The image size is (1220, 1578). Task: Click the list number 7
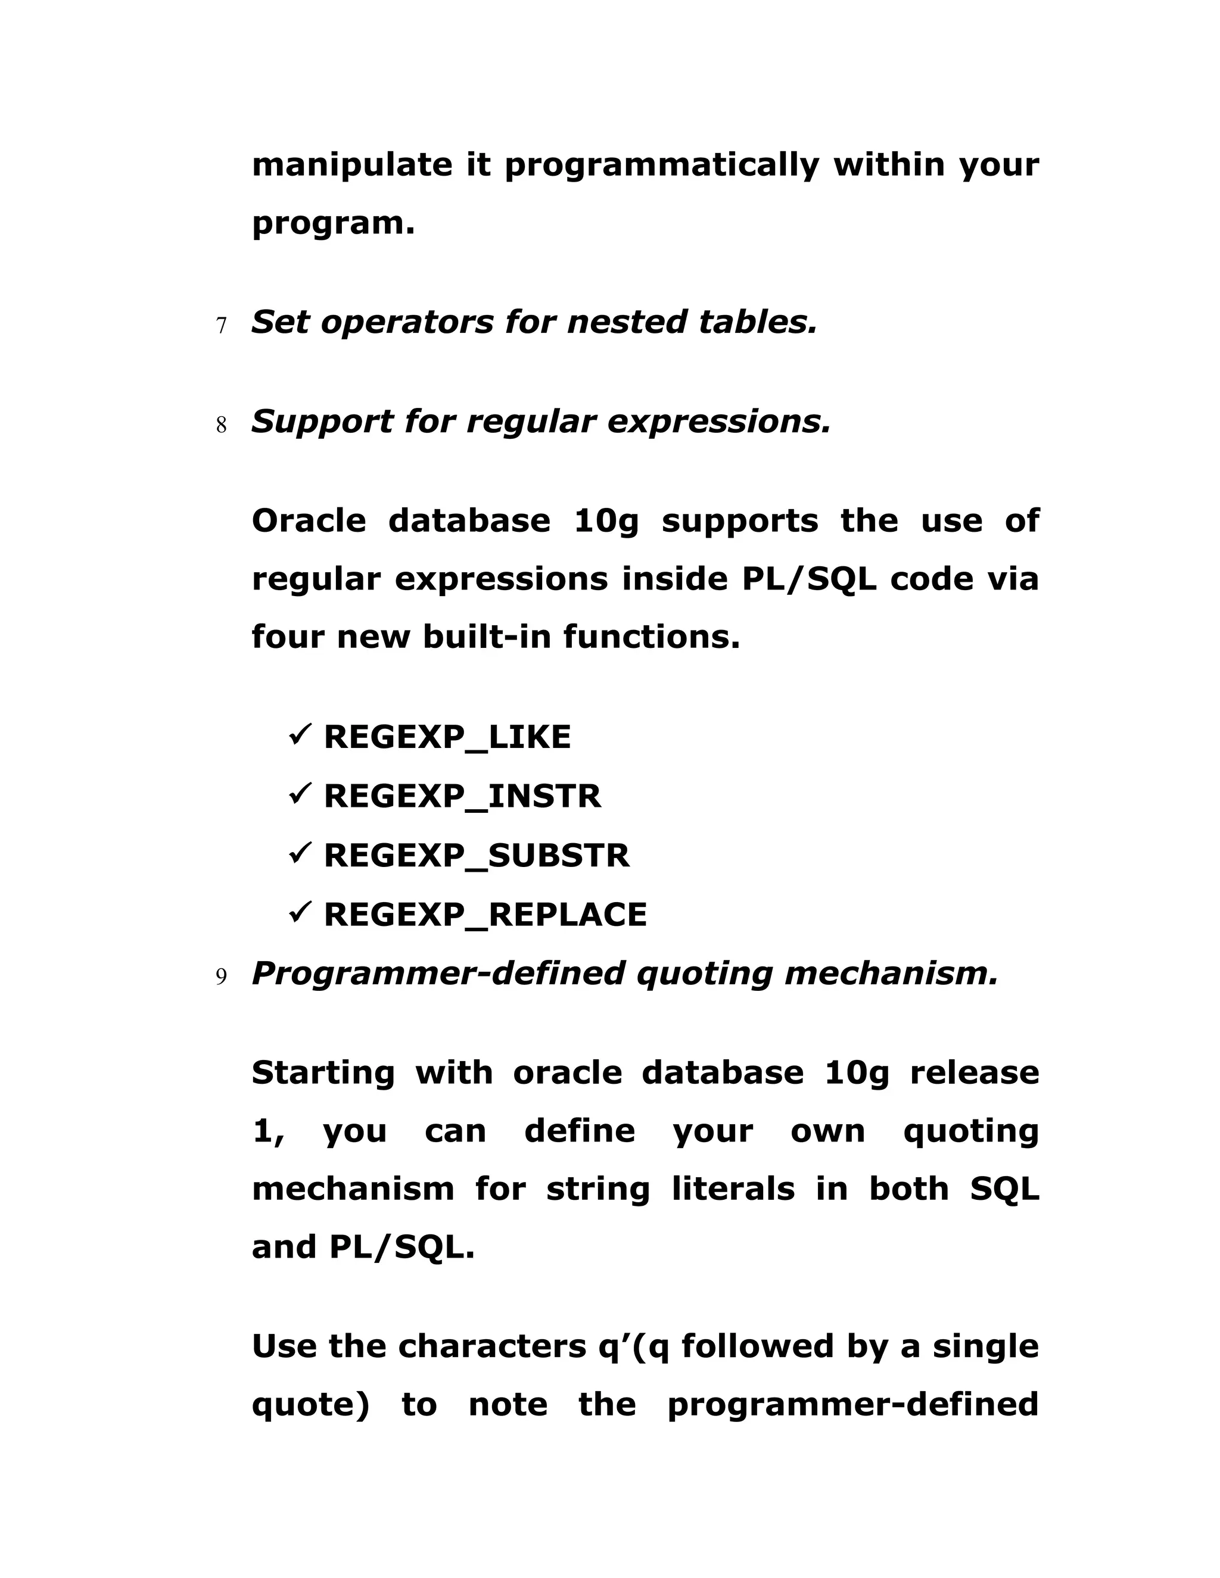pyautogui.click(x=221, y=326)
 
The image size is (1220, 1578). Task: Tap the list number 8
pyautogui.click(x=221, y=426)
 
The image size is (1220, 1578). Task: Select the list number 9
pyautogui.click(x=221, y=978)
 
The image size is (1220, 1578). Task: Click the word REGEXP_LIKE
pyautogui.click(x=447, y=738)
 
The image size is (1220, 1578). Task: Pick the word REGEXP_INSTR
pyautogui.click(x=462, y=797)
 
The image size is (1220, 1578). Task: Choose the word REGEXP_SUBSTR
pyautogui.click(x=477, y=856)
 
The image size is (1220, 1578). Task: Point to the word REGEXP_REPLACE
pyautogui.click(x=485, y=915)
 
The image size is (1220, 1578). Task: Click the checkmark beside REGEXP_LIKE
pyautogui.click(x=299, y=735)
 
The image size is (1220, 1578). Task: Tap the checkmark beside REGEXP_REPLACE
pyautogui.click(x=299, y=913)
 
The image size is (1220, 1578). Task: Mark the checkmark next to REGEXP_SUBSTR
pyautogui.click(x=299, y=854)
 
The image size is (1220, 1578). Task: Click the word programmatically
pyautogui.click(x=661, y=166)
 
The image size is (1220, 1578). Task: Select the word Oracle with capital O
pyautogui.click(x=309, y=521)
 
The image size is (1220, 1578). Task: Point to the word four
pyautogui.click(x=287, y=637)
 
